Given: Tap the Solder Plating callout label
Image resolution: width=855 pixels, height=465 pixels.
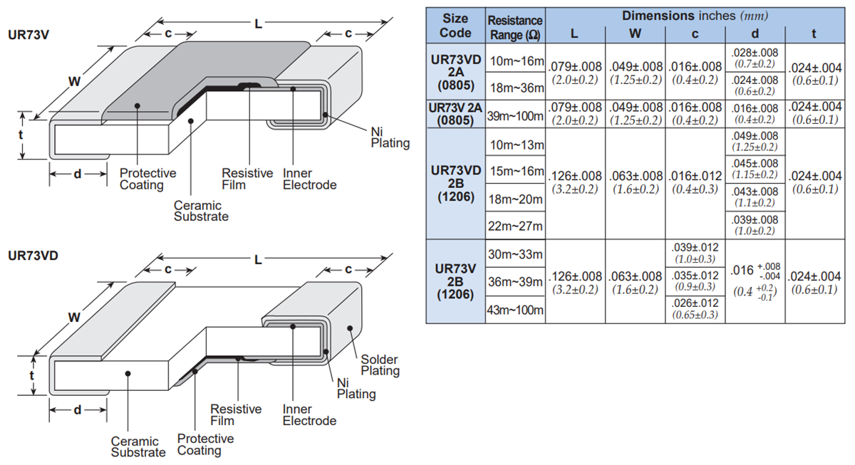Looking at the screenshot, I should tap(380, 365).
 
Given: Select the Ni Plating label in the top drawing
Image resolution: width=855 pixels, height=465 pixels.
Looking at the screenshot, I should tap(390, 137).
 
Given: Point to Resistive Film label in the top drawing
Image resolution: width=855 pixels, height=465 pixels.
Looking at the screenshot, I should tap(247, 179).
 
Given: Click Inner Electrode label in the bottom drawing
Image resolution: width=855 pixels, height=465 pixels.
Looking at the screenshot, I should tap(309, 414).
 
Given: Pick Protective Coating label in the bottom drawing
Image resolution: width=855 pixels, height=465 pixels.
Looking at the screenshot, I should tap(205, 444).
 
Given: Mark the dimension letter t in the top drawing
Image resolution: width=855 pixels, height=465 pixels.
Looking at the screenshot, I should tap(21, 135).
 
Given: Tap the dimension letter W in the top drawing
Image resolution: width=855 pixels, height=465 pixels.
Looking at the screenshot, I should tap(74, 81).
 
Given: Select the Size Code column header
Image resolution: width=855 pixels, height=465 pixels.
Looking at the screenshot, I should tap(455, 26).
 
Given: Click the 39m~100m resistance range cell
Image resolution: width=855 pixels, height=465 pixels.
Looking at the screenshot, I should tap(515, 115).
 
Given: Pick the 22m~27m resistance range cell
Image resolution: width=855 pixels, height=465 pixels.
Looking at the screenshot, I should tap(515, 226).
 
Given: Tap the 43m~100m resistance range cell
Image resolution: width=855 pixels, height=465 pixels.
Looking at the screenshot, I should tap(515, 310).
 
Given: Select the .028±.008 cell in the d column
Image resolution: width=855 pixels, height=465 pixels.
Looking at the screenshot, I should tap(755, 58).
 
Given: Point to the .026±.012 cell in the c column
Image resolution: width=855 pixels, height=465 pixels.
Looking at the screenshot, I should tap(695, 309).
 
